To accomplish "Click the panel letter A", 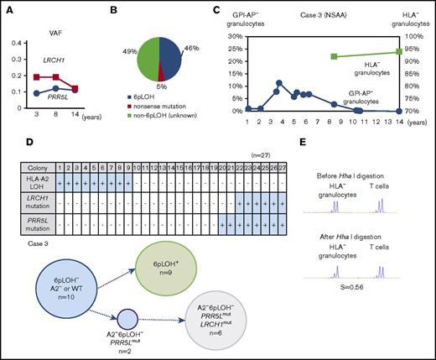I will coord(6,8).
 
